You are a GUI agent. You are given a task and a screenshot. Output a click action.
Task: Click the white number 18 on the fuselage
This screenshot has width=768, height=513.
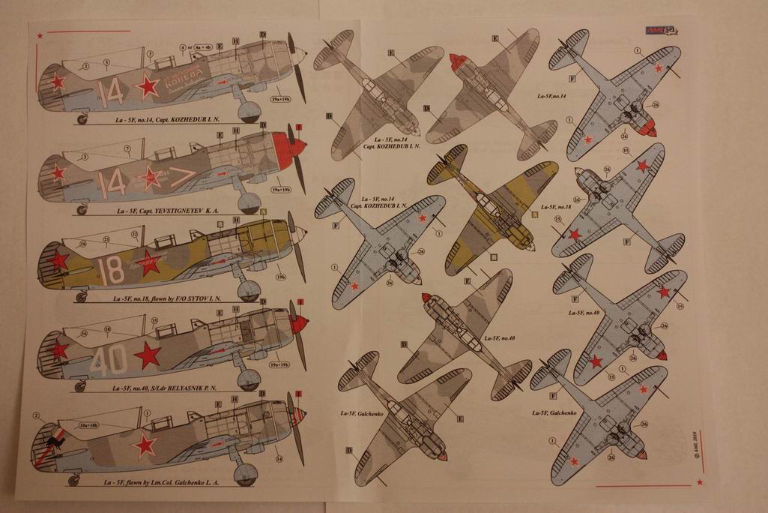(112, 270)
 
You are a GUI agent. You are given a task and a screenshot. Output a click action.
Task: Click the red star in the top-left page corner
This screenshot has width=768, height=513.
(39, 32)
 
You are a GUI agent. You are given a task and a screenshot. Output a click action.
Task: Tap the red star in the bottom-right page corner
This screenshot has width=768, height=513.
(699, 481)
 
